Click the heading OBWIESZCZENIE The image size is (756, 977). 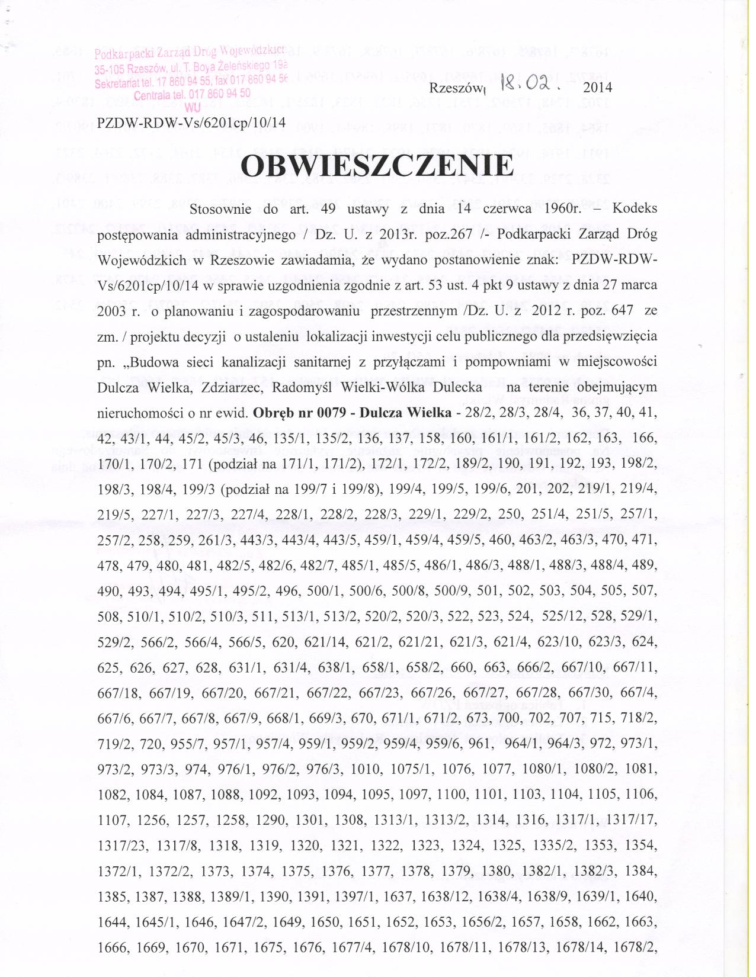377,166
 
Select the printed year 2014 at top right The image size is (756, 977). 597,88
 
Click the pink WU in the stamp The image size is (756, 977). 192,108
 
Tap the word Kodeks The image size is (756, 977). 635,210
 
